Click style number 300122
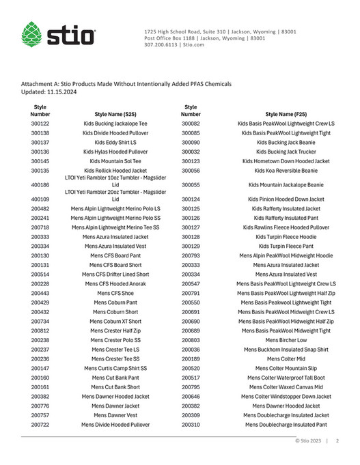click(40, 124)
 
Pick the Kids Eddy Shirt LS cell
click(115, 142)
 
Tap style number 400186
click(40, 184)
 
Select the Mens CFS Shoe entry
click(115, 292)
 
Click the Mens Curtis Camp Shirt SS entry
click(115, 368)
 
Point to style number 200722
click(40, 424)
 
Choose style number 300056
click(191, 171)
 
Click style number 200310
click(191, 424)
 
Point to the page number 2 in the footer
click(337, 441)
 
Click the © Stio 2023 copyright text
click(308, 441)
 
